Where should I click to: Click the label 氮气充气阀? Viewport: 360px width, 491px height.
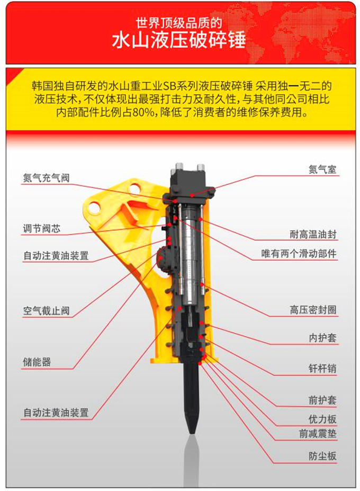point(46,178)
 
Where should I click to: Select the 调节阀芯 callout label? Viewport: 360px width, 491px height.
point(41,229)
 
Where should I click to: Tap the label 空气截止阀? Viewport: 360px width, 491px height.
point(46,310)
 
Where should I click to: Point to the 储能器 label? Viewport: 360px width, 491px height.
point(37,362)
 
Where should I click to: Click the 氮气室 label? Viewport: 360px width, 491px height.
point(322,169)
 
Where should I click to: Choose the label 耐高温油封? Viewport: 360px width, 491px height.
point(313,234)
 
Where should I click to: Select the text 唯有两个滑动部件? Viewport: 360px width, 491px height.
point(299,254)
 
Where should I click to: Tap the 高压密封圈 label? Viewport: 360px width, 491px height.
point(313,310)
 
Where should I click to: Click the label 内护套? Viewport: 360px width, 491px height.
point(322,338)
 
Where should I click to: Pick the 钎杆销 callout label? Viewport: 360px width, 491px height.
point(322,368)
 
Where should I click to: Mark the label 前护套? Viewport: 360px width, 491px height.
point(322,400)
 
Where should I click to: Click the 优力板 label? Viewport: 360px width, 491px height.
point(322,419)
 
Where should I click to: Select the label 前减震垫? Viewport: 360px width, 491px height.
point(318,434)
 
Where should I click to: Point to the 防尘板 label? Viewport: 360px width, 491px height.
point(322,456)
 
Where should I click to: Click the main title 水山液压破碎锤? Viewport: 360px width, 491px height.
point(179,40)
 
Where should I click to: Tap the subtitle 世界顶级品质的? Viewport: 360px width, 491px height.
point(179,23)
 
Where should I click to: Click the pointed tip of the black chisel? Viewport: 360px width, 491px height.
point(192,433)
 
